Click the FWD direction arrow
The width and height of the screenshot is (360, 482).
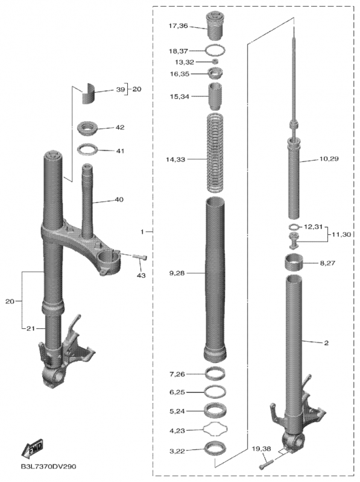(x=32, y=449)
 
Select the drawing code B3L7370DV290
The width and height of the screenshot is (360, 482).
(x=48, y=466)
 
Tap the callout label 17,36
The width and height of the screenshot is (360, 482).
(x=178, y=26)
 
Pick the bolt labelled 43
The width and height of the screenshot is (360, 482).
(x=141, y=257)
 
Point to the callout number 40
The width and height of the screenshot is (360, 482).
(x=119, y=199)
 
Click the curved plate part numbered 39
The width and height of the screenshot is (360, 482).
(x=87, y=93)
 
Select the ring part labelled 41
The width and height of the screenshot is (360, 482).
(x=87, y=150)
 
